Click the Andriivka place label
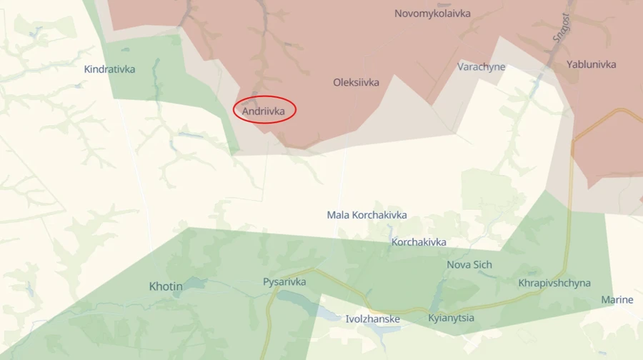coord(264,111)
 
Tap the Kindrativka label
coord(109,69)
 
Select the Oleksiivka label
coord(356,82)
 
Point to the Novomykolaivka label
coord(432,13)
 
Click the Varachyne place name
coord(481,66)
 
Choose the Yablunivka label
coord(591,64)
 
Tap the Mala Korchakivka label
coord(367,214)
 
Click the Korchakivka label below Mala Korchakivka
coord(419,242)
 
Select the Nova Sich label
coord(469,264)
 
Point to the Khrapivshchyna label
coord(554,283)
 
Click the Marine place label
coord(617,299)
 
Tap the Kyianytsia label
coord(451,318)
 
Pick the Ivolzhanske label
coord(372,319)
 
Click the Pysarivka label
coord(284,282)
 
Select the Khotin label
coord(166,286)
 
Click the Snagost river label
coord(559,29)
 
